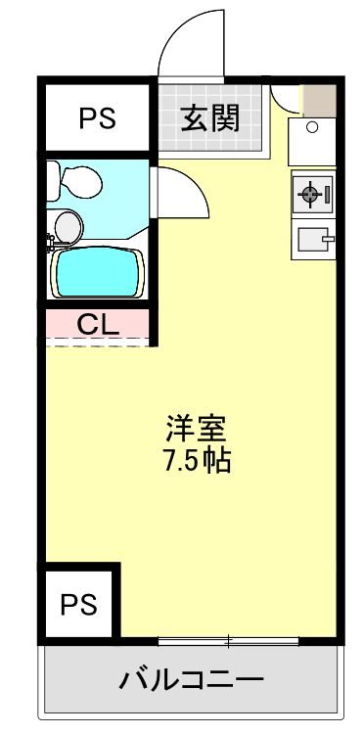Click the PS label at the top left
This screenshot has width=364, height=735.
click(97, 119)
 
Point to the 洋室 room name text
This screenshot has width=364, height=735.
click(196, 429)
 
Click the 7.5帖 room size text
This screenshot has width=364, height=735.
click(196, 461)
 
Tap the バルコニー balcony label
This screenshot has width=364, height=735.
click(191, 679)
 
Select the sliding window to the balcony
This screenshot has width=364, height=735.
click(228, 642)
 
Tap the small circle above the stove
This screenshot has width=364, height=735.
click(312, 127)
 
